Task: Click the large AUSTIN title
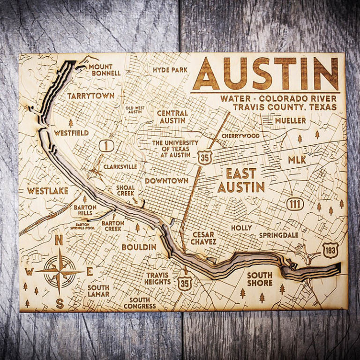point(265,74)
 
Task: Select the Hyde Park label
point(170,70)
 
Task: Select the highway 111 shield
point(296,204)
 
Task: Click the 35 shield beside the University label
point(204,157)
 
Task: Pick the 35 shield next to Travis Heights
point(185,283)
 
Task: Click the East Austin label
point(241,180)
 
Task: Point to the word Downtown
point(166,180)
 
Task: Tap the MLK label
point(297,160)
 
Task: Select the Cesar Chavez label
point(203,238)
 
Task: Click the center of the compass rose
point(60,271)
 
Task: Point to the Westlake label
point(47,191)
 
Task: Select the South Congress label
point(140,303)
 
